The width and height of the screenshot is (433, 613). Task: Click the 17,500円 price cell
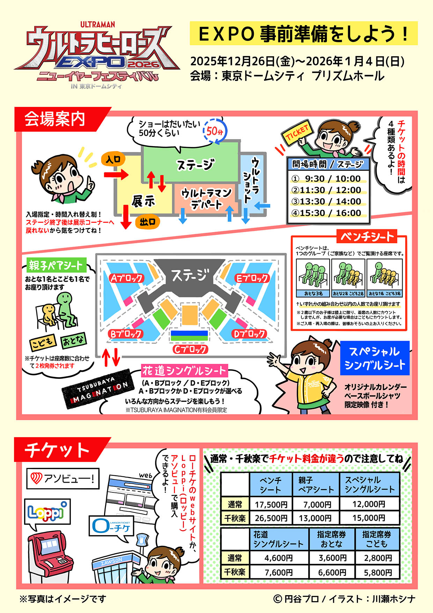(271, 504)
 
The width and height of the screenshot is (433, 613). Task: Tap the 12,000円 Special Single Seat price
(369, 504)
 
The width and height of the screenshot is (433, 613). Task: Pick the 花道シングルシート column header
(278, 539)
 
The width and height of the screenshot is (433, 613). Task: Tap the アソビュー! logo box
(63, 478)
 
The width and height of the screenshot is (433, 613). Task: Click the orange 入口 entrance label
(113, 160)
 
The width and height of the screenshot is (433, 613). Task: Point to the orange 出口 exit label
(148, 222)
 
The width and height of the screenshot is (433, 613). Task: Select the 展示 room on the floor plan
(143, 201)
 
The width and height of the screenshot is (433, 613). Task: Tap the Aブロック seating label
(126, 278)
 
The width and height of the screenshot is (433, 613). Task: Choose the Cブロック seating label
(190, 349)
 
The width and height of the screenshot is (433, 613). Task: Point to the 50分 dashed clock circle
(215, 131)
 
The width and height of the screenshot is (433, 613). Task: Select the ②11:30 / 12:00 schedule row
(326, 190)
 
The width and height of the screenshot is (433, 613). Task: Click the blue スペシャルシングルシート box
(375, 358)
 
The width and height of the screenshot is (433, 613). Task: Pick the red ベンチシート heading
(367, 237)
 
